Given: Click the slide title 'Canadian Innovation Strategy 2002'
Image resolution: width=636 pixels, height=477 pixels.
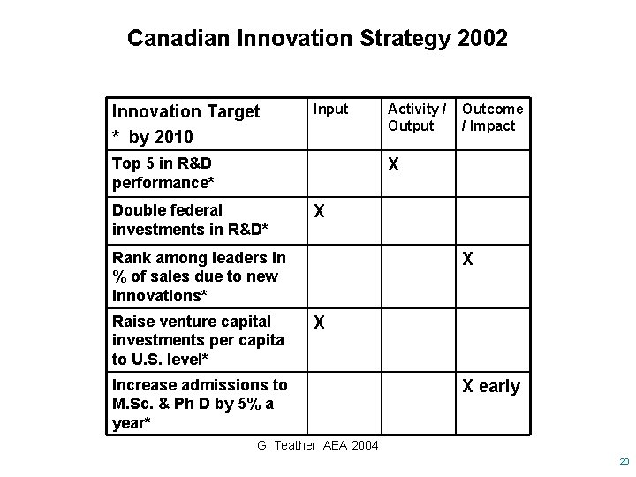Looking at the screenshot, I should (x=317, y=39).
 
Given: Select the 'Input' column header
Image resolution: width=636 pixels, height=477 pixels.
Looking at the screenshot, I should (x=331, y=109).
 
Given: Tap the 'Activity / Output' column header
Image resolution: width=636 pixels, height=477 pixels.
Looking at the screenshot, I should (x=416, y=117).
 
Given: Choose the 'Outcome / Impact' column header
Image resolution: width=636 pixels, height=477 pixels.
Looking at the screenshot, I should (x=493, y=117).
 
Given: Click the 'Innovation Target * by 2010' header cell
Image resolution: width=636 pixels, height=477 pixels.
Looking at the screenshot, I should (x=185, y=124).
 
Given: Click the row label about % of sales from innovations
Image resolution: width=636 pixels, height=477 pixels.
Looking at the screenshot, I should (x=199, y=276).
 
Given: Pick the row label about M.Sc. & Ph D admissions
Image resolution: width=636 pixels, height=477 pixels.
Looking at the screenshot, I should (x=200, y=404).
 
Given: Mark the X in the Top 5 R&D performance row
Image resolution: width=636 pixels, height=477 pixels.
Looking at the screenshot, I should (x=393, y=165).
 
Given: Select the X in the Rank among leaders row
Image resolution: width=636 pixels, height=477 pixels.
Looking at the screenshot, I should (x=469, y=260).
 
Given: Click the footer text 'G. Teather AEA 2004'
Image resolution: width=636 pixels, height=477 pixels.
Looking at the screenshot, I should (x=317, y=444).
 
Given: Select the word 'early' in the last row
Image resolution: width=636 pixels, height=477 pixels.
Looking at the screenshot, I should (x=499, y=387).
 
